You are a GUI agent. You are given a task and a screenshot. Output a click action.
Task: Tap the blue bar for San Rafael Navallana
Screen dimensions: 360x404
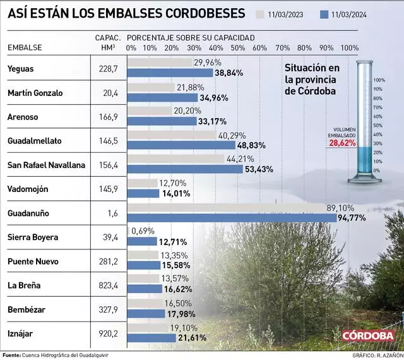[x=186, y=169]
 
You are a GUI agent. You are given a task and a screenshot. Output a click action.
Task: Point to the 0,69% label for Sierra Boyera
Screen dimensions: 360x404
[x=143, y=231]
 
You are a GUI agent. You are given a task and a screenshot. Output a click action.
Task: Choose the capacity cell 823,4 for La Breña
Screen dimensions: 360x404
[x=109, y=285]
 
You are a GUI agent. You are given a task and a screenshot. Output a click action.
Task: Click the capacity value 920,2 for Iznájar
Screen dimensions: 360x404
[x=109, y=333]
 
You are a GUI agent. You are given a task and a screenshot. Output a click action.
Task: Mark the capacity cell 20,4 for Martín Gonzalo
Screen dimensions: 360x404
[x=109, y=93]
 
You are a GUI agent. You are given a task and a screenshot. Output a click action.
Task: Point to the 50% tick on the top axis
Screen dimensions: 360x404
[x=237, y=48]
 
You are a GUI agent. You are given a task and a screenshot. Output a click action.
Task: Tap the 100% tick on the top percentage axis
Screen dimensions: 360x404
[x=349, y=48]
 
